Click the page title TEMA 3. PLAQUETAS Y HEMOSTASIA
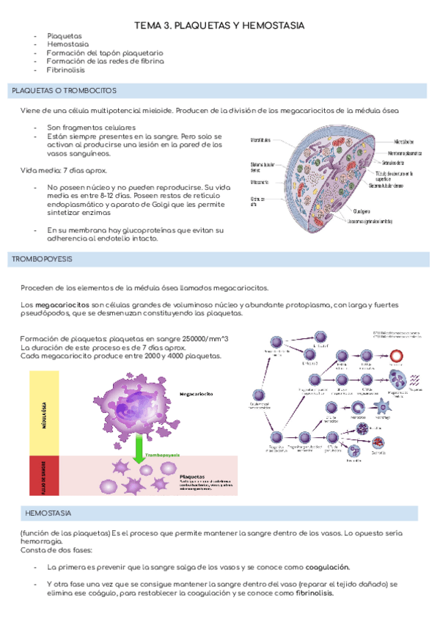(x=219, y=26)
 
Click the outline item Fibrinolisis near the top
(x=65, y=71)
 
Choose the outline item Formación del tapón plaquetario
(x=104, y=54)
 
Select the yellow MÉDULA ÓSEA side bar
(x=45, y=414)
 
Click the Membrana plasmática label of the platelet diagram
(x=409, y=153)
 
